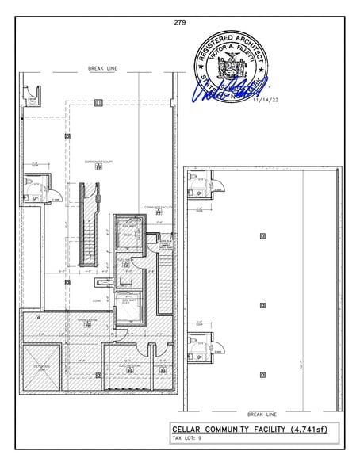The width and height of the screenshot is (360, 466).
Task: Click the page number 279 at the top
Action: [179, 22]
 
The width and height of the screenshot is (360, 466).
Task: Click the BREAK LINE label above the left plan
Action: [102, 70]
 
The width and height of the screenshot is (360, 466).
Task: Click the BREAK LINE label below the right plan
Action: [261, 414]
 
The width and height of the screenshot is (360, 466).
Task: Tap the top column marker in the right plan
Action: [262, 236]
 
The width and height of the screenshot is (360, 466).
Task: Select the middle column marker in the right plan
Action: [262, 304]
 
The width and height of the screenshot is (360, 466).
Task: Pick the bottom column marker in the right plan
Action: [262, 373]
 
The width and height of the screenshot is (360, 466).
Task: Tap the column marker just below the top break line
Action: [98, 101]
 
